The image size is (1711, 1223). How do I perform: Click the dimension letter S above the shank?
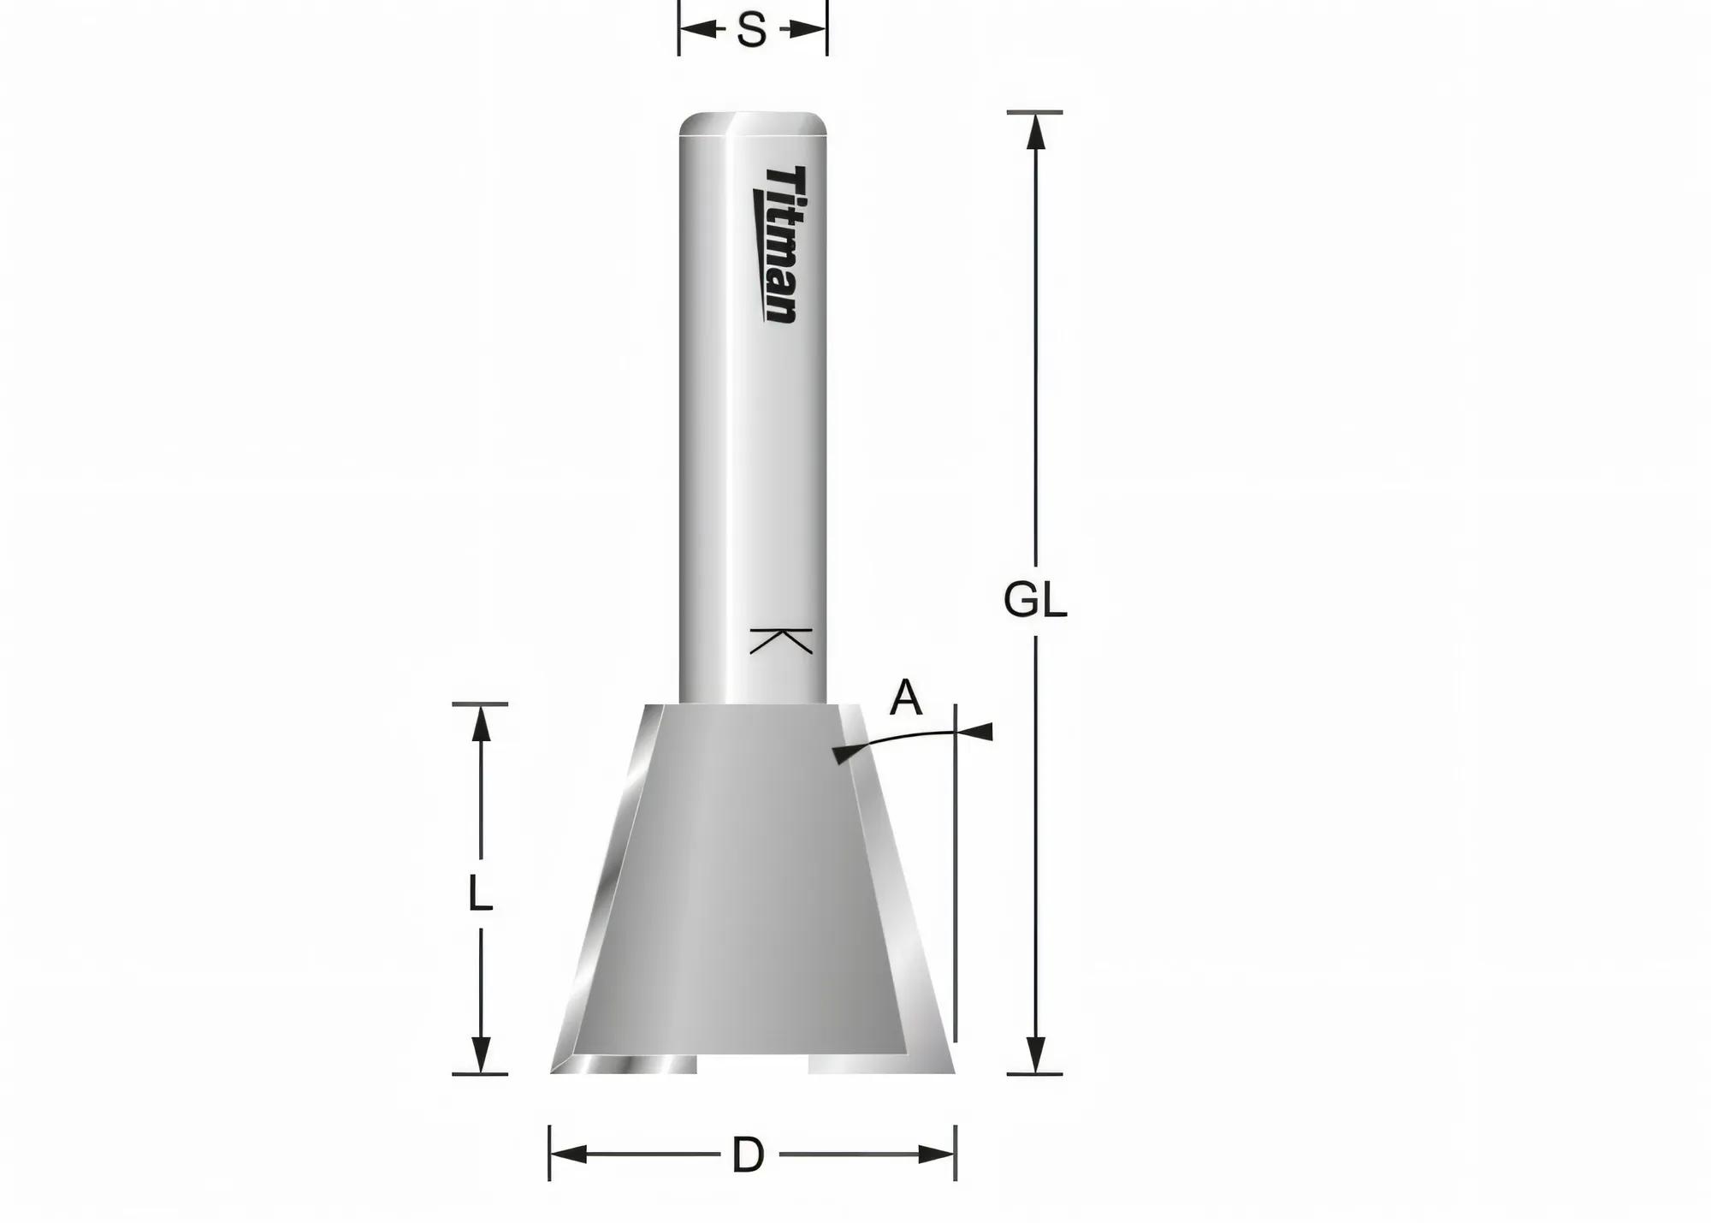[751, 32]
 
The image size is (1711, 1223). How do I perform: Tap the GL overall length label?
[1035, 601]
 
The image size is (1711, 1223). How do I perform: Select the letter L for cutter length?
[481, 895]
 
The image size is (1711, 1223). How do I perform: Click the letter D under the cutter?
[748, 1155]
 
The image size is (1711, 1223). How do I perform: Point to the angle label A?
[906, 698]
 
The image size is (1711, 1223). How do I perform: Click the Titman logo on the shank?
[779, 245]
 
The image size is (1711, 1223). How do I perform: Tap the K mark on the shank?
[781, 640]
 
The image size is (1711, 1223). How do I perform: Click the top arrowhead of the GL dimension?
[1036, 131]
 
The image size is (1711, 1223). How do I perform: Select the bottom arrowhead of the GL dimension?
[1036, 1054]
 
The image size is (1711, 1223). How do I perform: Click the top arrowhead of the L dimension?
[482, 723]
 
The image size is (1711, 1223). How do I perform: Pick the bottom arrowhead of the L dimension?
[482, 1054]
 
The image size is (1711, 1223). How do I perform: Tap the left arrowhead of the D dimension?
[568, 1155]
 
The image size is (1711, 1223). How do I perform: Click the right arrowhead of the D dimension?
[936, 1155]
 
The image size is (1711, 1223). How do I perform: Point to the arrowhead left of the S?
[697, 32]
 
